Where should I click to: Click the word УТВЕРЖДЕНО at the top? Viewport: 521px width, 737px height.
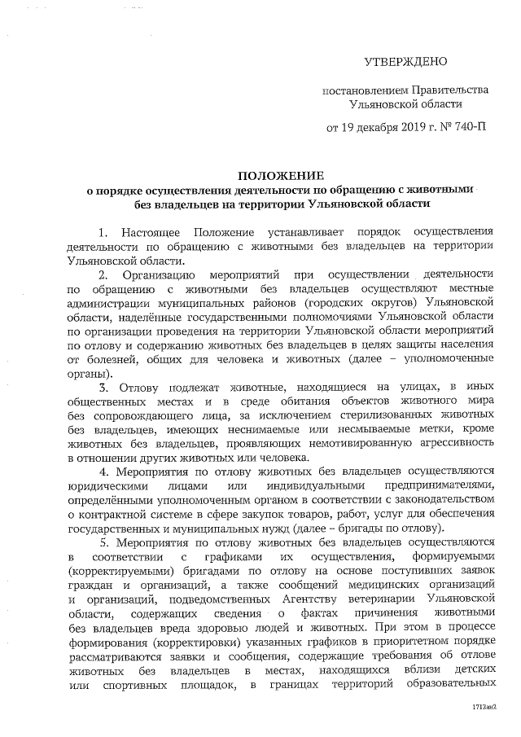tap(405, 61)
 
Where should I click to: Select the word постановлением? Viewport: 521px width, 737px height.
tap(361, 89)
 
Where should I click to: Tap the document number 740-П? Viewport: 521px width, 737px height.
tap(470, 128)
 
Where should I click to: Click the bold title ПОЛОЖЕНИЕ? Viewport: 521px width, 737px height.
tap(280, 175)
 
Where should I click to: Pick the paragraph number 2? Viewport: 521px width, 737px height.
tap(103, 274)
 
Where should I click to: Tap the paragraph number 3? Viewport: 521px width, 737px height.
tap(103, 387)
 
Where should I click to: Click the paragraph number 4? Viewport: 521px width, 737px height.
tap(103, 472)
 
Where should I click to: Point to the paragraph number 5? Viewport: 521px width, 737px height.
tap(103, 542)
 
